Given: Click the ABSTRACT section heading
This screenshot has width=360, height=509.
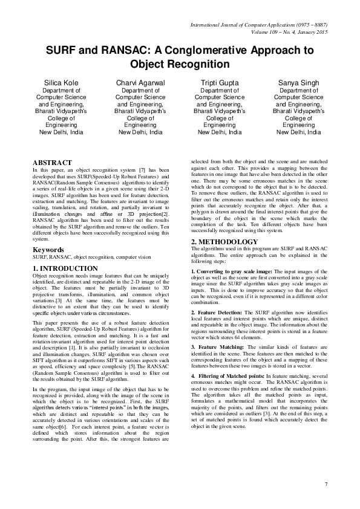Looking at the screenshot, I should click(53, 163).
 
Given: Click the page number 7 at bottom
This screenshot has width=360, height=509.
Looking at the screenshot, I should click(326, 484).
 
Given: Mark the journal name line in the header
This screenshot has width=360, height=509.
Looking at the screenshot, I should click(259, 25).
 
